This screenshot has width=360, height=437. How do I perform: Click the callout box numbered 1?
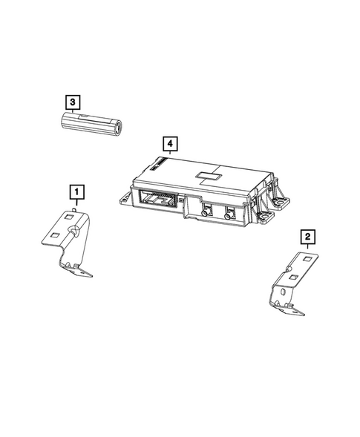click(x=75, y=192)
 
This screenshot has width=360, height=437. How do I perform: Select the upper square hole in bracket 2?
click(x=309, y=257)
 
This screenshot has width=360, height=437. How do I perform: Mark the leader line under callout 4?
click(x=170, y=151)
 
